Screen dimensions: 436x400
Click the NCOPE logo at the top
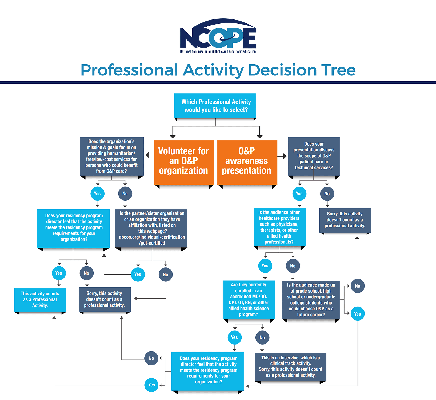pyautogui.click(x=218, y=36)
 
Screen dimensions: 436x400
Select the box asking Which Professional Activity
pyautogui.click(x=215, y=106)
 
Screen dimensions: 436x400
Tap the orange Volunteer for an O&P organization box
pyautogui.click(x=184, y=162)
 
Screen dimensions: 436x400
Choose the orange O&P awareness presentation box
pyautogui.click(x=247, y=162)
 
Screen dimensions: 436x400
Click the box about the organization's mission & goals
pyautogui.click(x=112, y=156)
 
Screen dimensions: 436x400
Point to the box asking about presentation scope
pyautogui.click(x=314, y=156)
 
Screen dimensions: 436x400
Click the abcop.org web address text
pyautogui.click(x=152, y=240)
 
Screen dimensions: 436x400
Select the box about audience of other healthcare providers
pyautogui.click(x=279, y=227)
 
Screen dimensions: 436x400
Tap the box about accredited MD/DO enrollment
pyautogui.click(x=249, y=300)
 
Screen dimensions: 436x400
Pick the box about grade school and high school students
pyautogui.click(x=311, y=300)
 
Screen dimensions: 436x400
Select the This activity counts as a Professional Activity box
pyautogui.click(x=40, y=300)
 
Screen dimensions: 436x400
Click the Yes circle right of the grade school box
pyautogui.click(x=358, y=314)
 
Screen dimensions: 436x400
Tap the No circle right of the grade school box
pyautogui.click(x=358, y=286)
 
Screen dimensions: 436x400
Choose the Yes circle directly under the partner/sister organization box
pyautogui.click(x=138, y=274)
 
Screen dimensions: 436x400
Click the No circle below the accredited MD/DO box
pyautogui.click(x=262, y=337)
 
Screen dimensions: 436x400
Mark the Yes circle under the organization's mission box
pyautogui.click(x=97, y=193)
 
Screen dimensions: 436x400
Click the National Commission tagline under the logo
pyautogui.click(x=218, y=52)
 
